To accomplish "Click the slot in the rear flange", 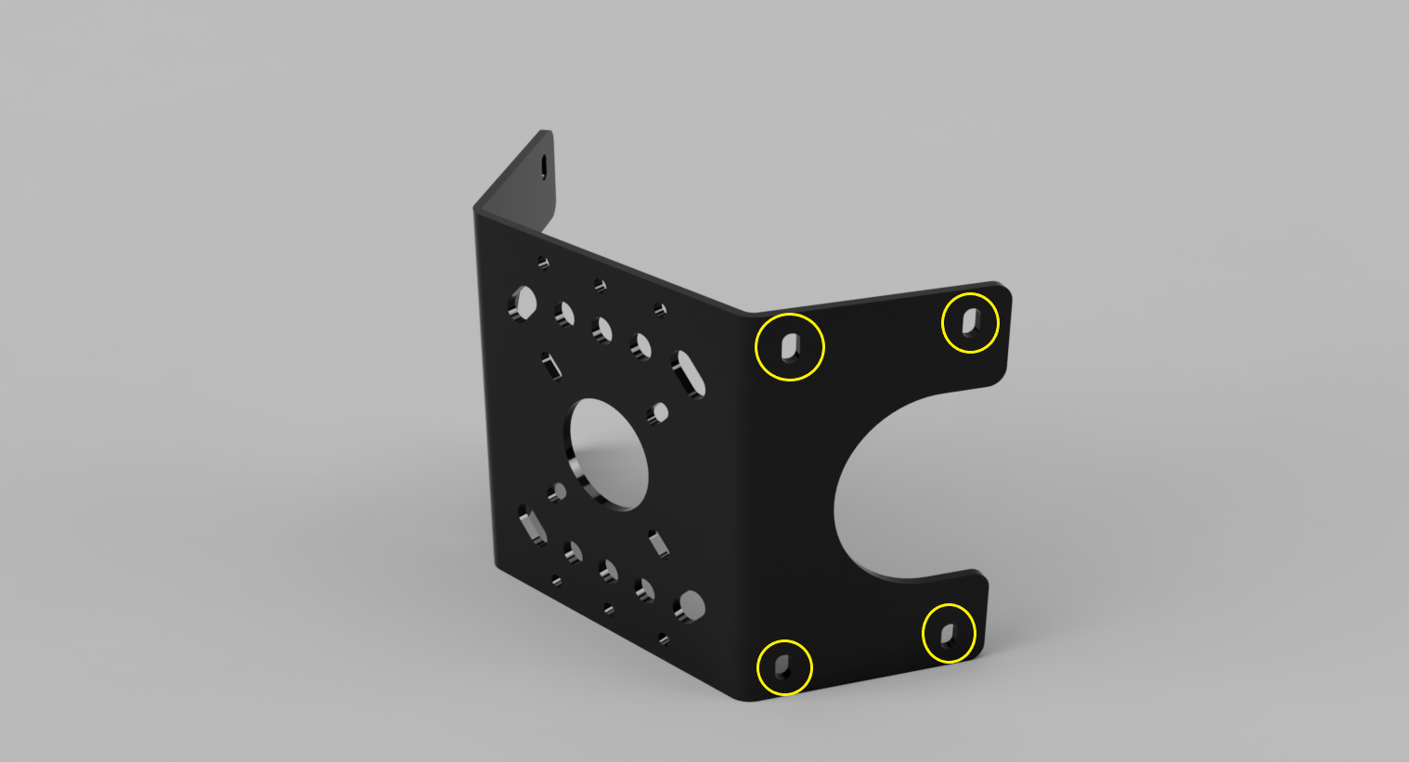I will click(x=544, y=167).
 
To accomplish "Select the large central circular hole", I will click(x=609, y=454).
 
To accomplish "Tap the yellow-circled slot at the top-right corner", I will click(x=971, y=322).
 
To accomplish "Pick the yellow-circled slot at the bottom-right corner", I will click(x=949, y=634).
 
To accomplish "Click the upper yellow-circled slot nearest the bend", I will click(x=790, y=347).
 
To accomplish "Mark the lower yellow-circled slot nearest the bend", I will click(x=784, y=666).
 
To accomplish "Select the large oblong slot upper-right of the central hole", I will click(x=689, y=374).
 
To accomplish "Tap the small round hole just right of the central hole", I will click(x=660, y=412).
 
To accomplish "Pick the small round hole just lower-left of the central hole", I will click(x=557, y=492).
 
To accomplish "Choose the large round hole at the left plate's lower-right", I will click(x=690, y=606).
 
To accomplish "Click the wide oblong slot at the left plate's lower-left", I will click(x=532, y=524).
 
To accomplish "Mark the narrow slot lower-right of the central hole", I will click(x=658, y=543).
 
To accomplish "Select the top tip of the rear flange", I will click(x=546, y=133).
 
